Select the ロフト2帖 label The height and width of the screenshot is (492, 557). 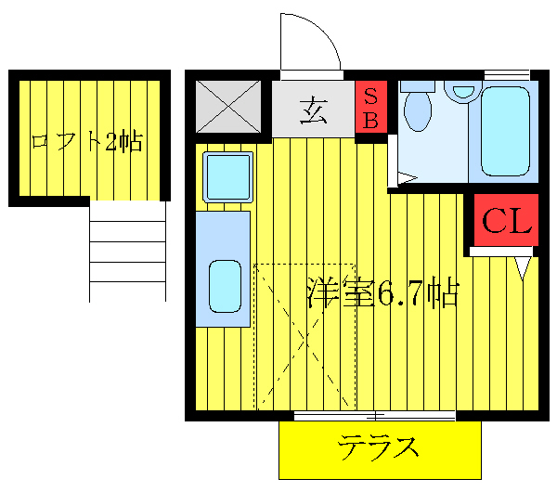(86, 142)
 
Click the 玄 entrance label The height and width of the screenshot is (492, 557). (313, 109)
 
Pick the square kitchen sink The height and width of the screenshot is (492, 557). (227, 175)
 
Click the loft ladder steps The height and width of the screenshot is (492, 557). (127, 251)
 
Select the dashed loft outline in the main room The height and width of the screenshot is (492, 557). (304, 335)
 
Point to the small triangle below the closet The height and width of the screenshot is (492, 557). (524, 267)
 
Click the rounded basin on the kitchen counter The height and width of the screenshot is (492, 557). (225, 285)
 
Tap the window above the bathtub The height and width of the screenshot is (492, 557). (507, 74)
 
